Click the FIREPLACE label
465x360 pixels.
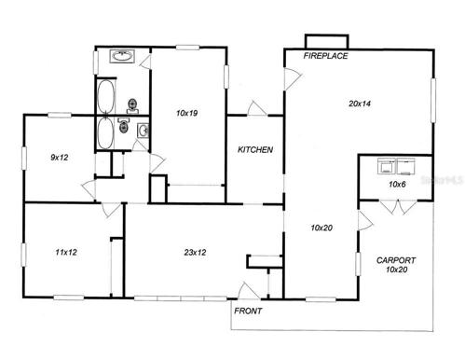coord(325,56)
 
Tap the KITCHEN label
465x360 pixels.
coord(255,149)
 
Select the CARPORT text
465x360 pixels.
coord(396,260)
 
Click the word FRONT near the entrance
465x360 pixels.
coord(248,311)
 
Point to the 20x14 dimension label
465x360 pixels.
coord(360,104)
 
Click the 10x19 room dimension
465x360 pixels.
coord(187,113)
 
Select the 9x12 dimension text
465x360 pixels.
coord(60,158)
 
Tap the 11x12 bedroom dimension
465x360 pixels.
coord(66,252)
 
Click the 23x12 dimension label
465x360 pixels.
coord(195,252)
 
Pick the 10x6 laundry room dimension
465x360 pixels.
coord(397,185)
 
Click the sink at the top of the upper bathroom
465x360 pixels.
coord(122,56)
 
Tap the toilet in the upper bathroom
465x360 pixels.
coord(132,105)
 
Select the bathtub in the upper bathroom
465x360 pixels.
coord(106,97)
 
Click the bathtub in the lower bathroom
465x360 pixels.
coord(105,133)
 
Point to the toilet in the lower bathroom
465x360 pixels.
coord(123,126)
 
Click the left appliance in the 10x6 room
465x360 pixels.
coord(387,166)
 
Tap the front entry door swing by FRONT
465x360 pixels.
coord(249,291)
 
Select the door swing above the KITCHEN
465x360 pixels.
coord(257,108)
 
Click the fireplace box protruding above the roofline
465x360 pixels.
coord(326,42)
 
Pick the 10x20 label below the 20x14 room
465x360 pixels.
coord(321,228)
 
